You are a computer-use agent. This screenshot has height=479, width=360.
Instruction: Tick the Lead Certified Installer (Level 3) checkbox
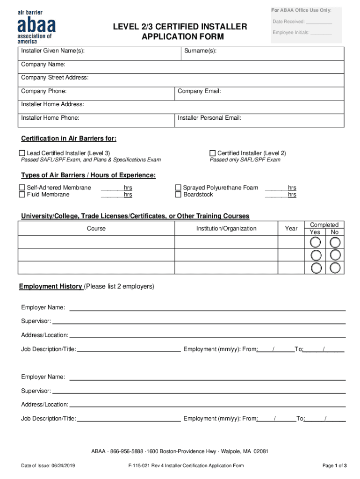pyautogui.click(x=22, y=153)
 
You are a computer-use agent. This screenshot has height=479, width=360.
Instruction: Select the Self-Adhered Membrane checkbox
pyautogui.click(x=22, y=188)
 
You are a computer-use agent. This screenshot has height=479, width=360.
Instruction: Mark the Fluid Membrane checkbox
pyautogui.click(x=22, y=195)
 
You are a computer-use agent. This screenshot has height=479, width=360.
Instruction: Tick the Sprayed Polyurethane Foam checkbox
pyautogui.click(x=178, y=188)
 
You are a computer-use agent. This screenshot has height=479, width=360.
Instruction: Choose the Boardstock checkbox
pyautogui.click(x=178, y=195)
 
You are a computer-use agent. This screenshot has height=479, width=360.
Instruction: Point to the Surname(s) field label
pyautogui.click(x=200, y=51)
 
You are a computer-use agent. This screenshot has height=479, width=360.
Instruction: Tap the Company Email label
pyautogui.click(x=199, y=91)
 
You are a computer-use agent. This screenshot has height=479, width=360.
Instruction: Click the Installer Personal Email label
pyautogui.click(x=209, y=118)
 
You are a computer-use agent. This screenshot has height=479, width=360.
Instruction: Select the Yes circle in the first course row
pyautogui.click(x=316, y=242)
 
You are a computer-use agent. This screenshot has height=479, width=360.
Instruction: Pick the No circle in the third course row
pyautogui.click(x=335, y=268)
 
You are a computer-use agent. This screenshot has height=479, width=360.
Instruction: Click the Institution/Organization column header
pyautogui.click(x=226, y=229)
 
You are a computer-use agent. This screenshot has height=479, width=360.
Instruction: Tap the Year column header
pyautogui.click(x=291, y=229)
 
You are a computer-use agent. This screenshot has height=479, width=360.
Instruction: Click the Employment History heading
pyautogui.click(x=50, y=286)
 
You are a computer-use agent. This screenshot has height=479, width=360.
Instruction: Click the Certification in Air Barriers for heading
pyautogui.click(x=69, y=138)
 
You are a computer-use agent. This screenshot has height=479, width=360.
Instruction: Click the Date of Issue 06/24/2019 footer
pyautogui.click(x=48, y=465)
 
